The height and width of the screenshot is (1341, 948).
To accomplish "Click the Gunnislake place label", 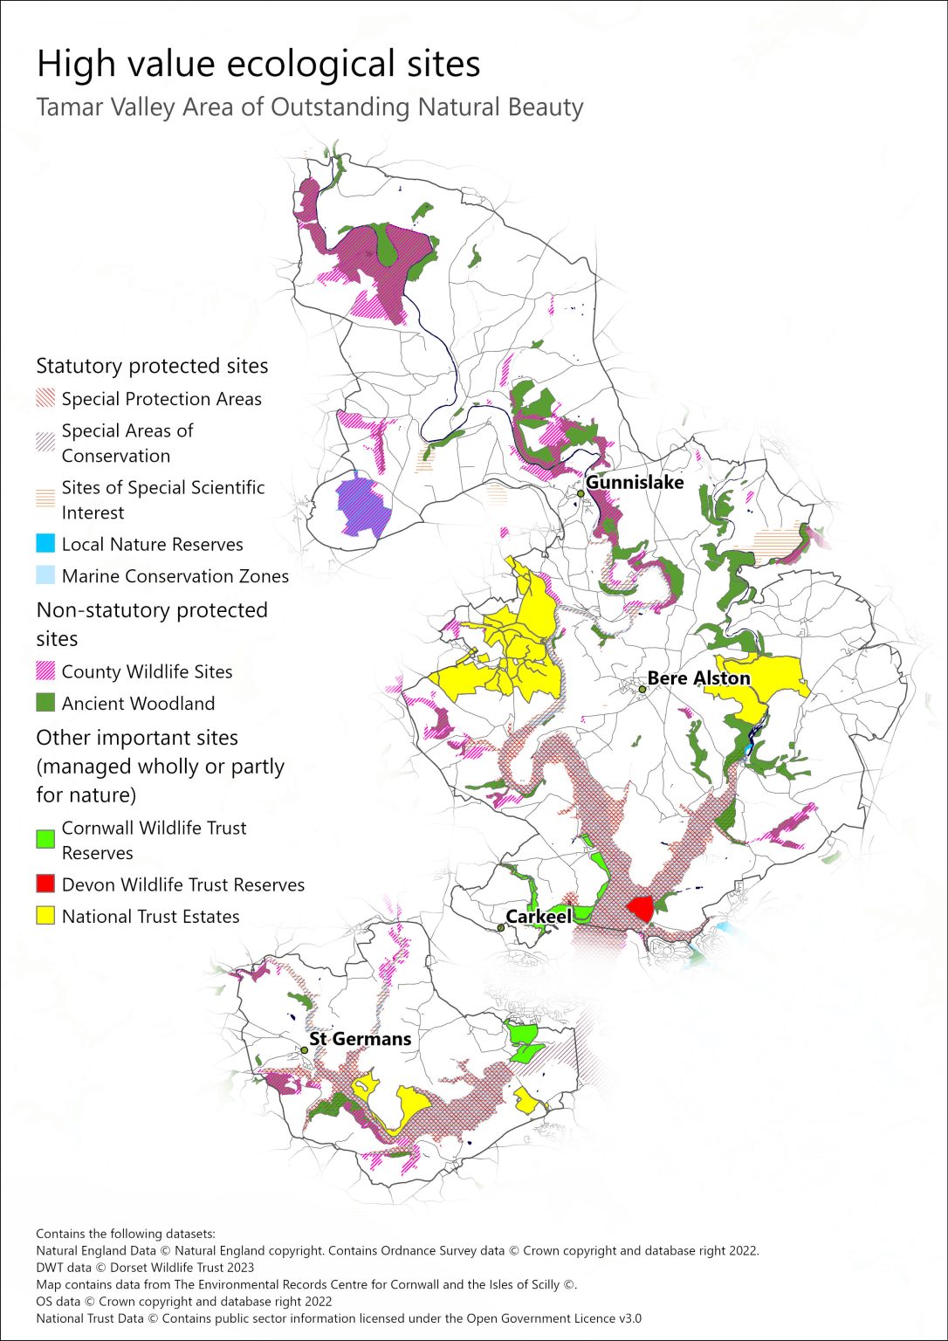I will tap(635, 482).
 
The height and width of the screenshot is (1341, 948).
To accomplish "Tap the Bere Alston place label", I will tap(698, 678).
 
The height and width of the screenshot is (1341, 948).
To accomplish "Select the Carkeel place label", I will tap(539, 916).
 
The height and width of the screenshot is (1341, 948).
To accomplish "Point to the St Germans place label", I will tap(360, 1039).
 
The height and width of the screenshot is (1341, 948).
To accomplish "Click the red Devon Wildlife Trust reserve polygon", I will tap(641, 908).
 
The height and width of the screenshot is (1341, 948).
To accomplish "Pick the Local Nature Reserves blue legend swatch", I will tap(45, 544).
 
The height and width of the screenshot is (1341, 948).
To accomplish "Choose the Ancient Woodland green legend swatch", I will tap(45, 703).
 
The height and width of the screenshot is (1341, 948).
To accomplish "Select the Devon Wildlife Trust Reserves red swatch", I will tap(45, 884).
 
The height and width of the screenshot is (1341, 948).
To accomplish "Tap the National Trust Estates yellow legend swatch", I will tap(45, 916).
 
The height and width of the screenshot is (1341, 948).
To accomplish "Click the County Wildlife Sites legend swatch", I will tap(45, 671).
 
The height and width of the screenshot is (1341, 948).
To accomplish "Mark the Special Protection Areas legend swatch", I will tap(45, 399).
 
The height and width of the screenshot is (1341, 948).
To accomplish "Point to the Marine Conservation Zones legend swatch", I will tap(45, 576).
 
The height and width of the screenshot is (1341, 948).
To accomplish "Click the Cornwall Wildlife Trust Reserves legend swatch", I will tap(45, 840).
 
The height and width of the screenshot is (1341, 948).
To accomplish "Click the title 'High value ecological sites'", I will tap(258, 64).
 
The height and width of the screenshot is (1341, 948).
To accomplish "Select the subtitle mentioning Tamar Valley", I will tap(309, 107).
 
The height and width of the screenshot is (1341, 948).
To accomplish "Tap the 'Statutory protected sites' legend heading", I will tap(152, 366).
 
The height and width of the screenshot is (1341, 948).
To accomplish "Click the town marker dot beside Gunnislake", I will tap(580, 493).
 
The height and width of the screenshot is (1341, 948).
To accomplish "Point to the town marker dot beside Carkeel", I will tap(501, 927).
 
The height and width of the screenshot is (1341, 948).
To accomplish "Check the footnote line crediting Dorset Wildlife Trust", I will tap(145, 1268).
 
